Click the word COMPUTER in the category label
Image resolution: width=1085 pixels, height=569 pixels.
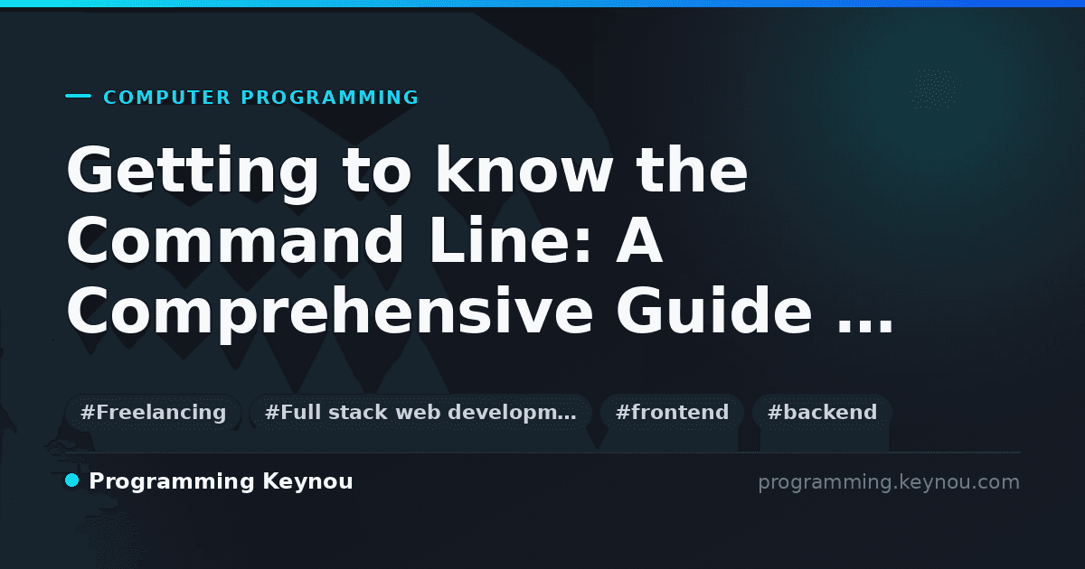pyautogui.click(x=167, y=98)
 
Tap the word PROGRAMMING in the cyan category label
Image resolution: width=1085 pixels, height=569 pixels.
pyautogui.click(x=330, y=98)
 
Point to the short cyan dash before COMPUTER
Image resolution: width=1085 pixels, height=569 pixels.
pyautogui.click(x=78, y=96)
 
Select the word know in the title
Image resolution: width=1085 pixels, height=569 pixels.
pyautogui.click(x=524, y=170)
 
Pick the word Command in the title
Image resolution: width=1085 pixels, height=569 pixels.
pyautogui.click(x=234, y=239)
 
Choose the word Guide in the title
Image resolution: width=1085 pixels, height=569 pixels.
pyautogui.click(x=714, y=310)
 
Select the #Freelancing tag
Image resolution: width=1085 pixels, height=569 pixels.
pyautogui.click(x=153, y=412)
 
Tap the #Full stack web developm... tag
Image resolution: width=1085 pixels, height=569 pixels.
pyautogui.click(x=420, y=412)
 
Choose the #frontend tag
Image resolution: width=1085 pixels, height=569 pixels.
pyautogui.click(x=672, y=412)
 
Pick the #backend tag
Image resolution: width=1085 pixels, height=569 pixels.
pyautogui.click(x=822, y=412)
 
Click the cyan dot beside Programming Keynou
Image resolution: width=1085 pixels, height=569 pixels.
pyautogui.click(x=71, y=480)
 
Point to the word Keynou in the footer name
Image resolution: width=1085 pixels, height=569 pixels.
pyautogui.click(x=307, y=482)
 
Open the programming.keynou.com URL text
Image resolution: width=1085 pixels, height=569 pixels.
pyautogui.click(x=889, y=482)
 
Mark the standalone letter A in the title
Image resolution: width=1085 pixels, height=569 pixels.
pyautogui.click(x=639, y=239)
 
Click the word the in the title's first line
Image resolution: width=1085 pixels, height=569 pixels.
pyautogui.click(x=691, y=170)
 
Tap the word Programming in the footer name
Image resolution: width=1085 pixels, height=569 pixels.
pyautogui.click(x=172, y=482)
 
